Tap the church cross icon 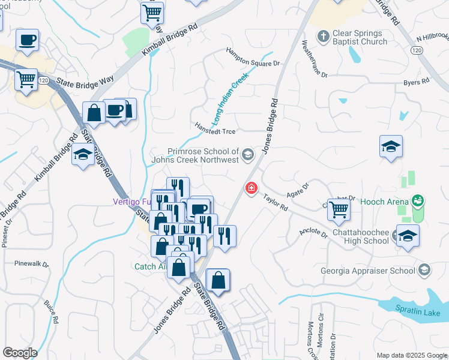(x=323, y=35)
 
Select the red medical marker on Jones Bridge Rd (x=251, y=188)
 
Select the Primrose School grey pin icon (x=247, y=156)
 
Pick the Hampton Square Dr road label (x=253, y=57)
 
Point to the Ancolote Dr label (x=314, y=232)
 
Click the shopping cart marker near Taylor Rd (x=339, y=209)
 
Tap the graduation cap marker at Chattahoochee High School (x=408, y=236)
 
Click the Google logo (x=20, y=353)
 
